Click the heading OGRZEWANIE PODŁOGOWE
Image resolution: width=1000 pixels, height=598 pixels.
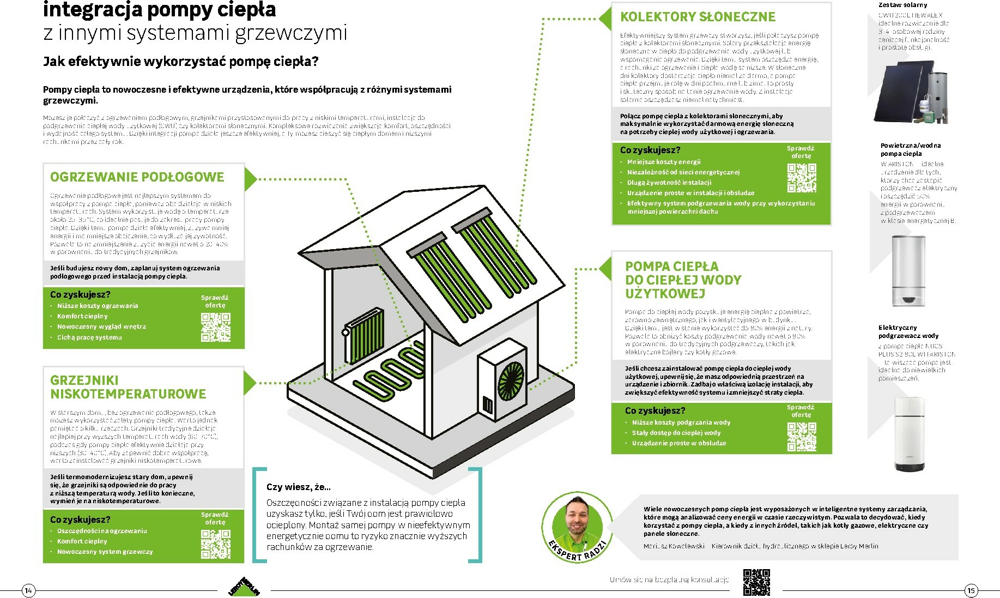137,177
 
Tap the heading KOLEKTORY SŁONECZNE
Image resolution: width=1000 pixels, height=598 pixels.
698,17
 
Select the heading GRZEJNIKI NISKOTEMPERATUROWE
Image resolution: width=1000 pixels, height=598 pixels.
128,387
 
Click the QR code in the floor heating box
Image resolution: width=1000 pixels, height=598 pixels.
216,327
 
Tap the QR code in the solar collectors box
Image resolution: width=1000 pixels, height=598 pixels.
802,178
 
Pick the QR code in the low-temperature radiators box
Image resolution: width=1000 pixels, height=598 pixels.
216,544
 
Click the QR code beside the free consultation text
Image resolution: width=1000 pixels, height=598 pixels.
756,582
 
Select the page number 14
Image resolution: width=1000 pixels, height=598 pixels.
29,590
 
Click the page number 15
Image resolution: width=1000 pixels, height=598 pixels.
971,590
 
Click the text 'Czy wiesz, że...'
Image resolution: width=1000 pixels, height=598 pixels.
299,487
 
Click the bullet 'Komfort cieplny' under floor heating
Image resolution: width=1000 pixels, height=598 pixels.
82,316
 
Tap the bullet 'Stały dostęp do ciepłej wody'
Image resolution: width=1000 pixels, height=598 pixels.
676,433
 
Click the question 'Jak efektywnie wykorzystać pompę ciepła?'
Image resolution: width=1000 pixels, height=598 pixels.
180,61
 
